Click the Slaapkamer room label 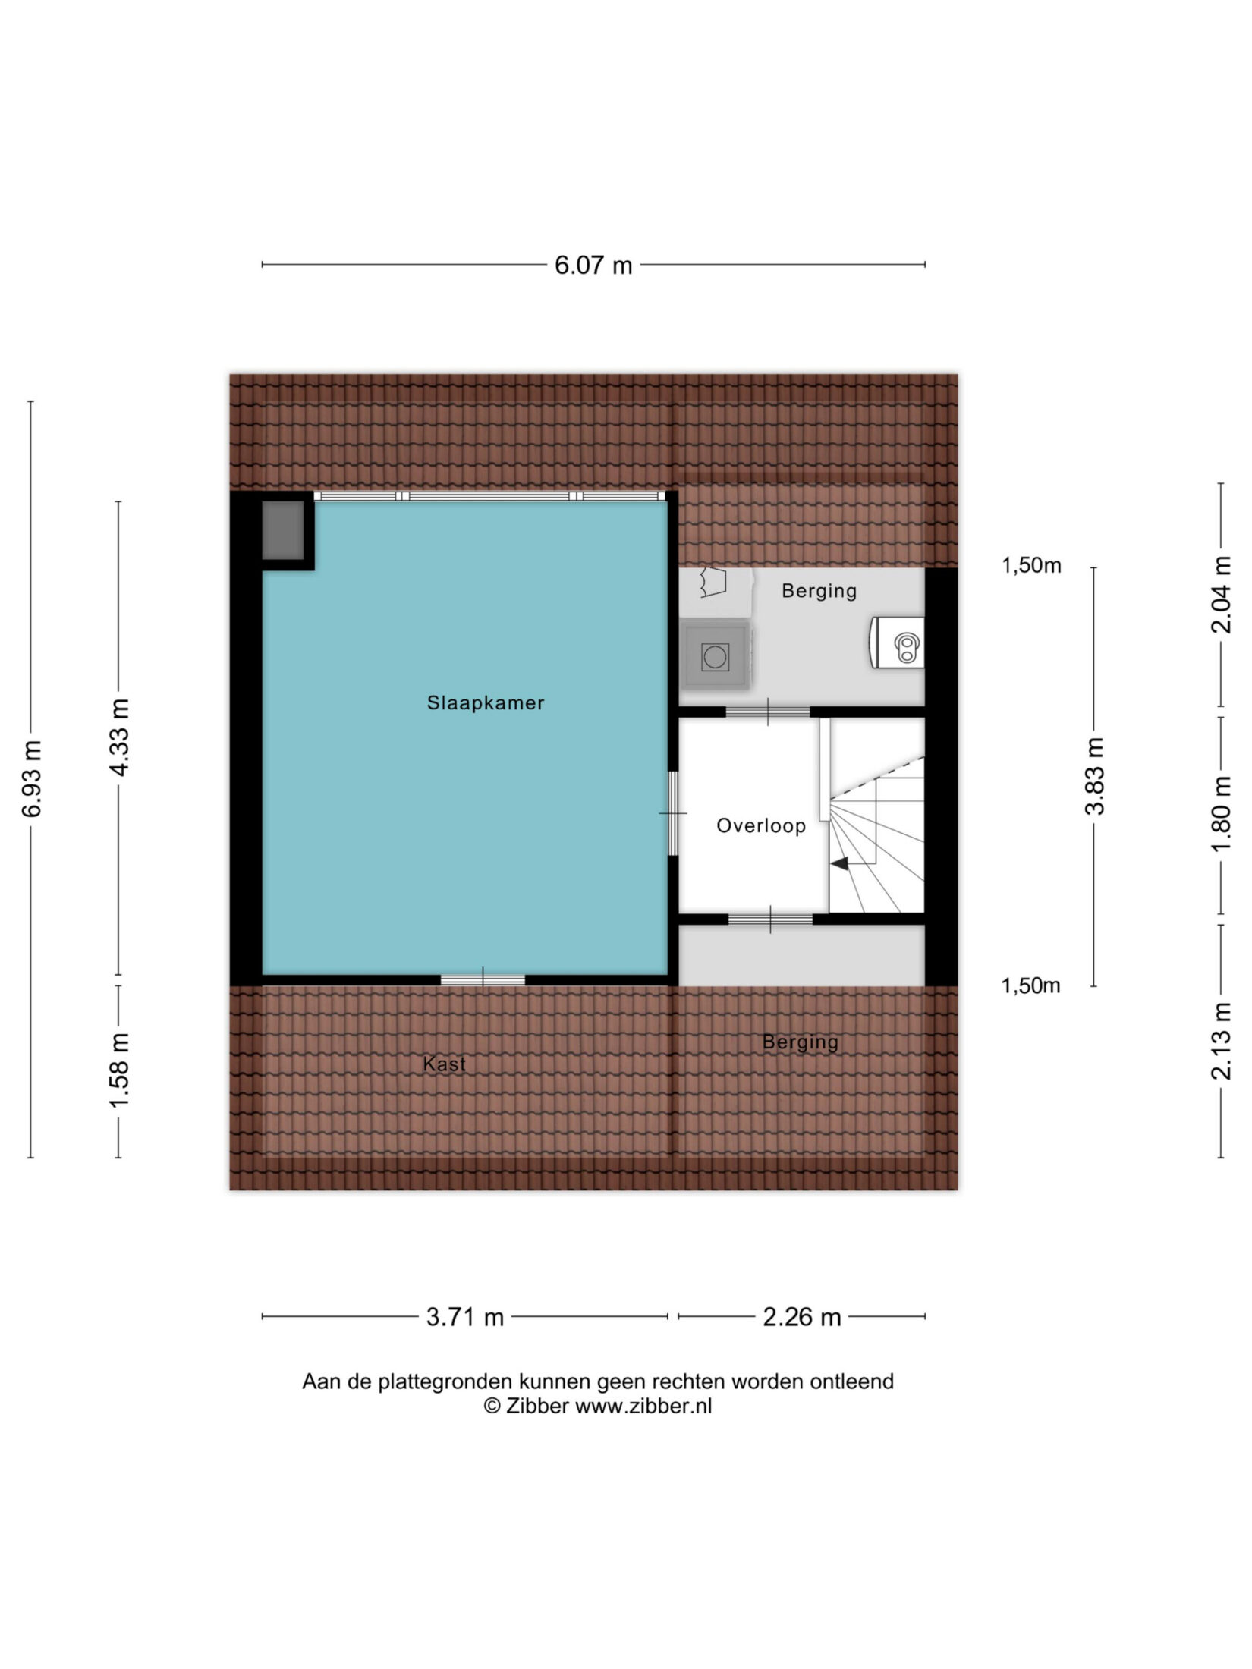[x=486, y=703]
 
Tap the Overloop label [x=761, y=825]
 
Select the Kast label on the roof [x=445, y=1064]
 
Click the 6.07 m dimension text [x=593, y=266]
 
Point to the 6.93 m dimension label [x=32, y=778]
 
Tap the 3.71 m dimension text [x=465, y=1317]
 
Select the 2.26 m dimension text [x=802, y=1317]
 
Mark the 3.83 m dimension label [x=1094, y=776]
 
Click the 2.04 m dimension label [x=1222, y=595]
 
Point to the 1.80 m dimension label [x=1222, y=814]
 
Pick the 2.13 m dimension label [x=1222, y=1041]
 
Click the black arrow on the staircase [x=839, y=863]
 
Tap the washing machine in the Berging [x=715, y=655]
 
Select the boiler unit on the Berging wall [x=897, y=643]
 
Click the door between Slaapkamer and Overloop [x=672, y=813]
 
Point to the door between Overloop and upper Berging [x=768, y=712]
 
